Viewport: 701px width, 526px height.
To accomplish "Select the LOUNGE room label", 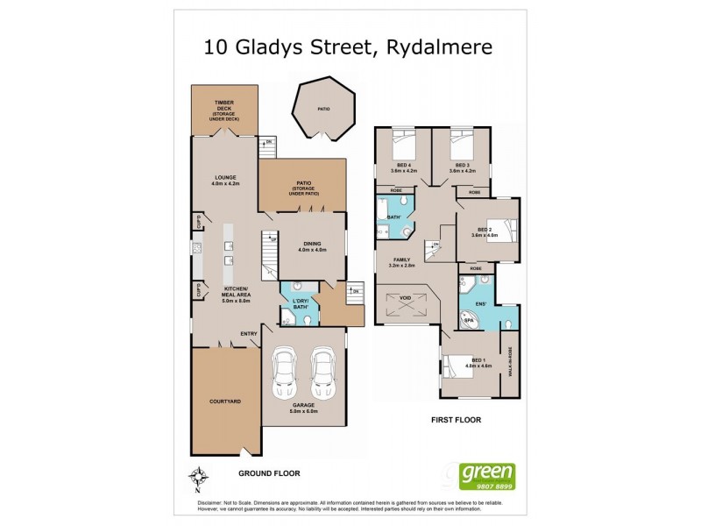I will click(x=225, y=181).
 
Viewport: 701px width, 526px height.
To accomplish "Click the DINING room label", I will click(x=312, y=246).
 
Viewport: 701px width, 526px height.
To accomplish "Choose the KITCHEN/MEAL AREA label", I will click(x=237, y=299).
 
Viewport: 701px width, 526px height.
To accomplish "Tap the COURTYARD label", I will click(x=225, y=401).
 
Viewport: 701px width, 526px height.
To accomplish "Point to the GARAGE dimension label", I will click(x=303, y=408).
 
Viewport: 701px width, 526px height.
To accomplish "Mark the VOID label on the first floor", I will click(x=405, y=298).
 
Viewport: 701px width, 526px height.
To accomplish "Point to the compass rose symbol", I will click(x=199, y=478).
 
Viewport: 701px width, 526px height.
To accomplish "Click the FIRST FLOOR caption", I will click(x=456, y=420).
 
